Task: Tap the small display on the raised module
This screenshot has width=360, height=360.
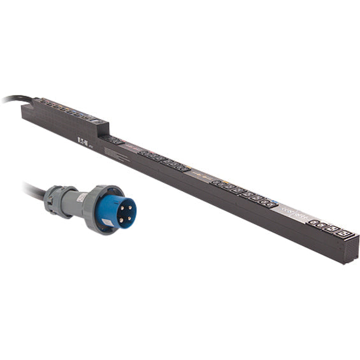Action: (x=95, y=119)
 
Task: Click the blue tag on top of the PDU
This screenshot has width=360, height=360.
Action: (x=274, y=205)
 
